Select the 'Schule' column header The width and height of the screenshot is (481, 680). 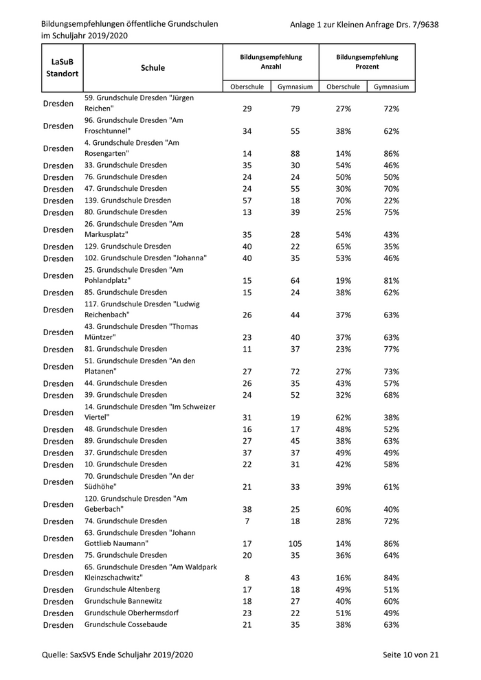click(x=153, y=68)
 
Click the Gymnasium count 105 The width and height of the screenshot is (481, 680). click(x=295, y=543)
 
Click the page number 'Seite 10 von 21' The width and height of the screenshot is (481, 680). click(x=411, y=655)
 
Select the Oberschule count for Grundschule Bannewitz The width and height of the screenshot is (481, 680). click(x=247, y=602)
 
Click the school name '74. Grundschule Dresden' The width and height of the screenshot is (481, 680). click(x=125, y=521)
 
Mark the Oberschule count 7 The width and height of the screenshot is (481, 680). click(x=247, y=521)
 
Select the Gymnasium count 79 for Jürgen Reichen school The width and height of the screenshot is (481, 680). click(x=295, y=109)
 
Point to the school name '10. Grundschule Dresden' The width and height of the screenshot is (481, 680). click(x=125, y=464)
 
